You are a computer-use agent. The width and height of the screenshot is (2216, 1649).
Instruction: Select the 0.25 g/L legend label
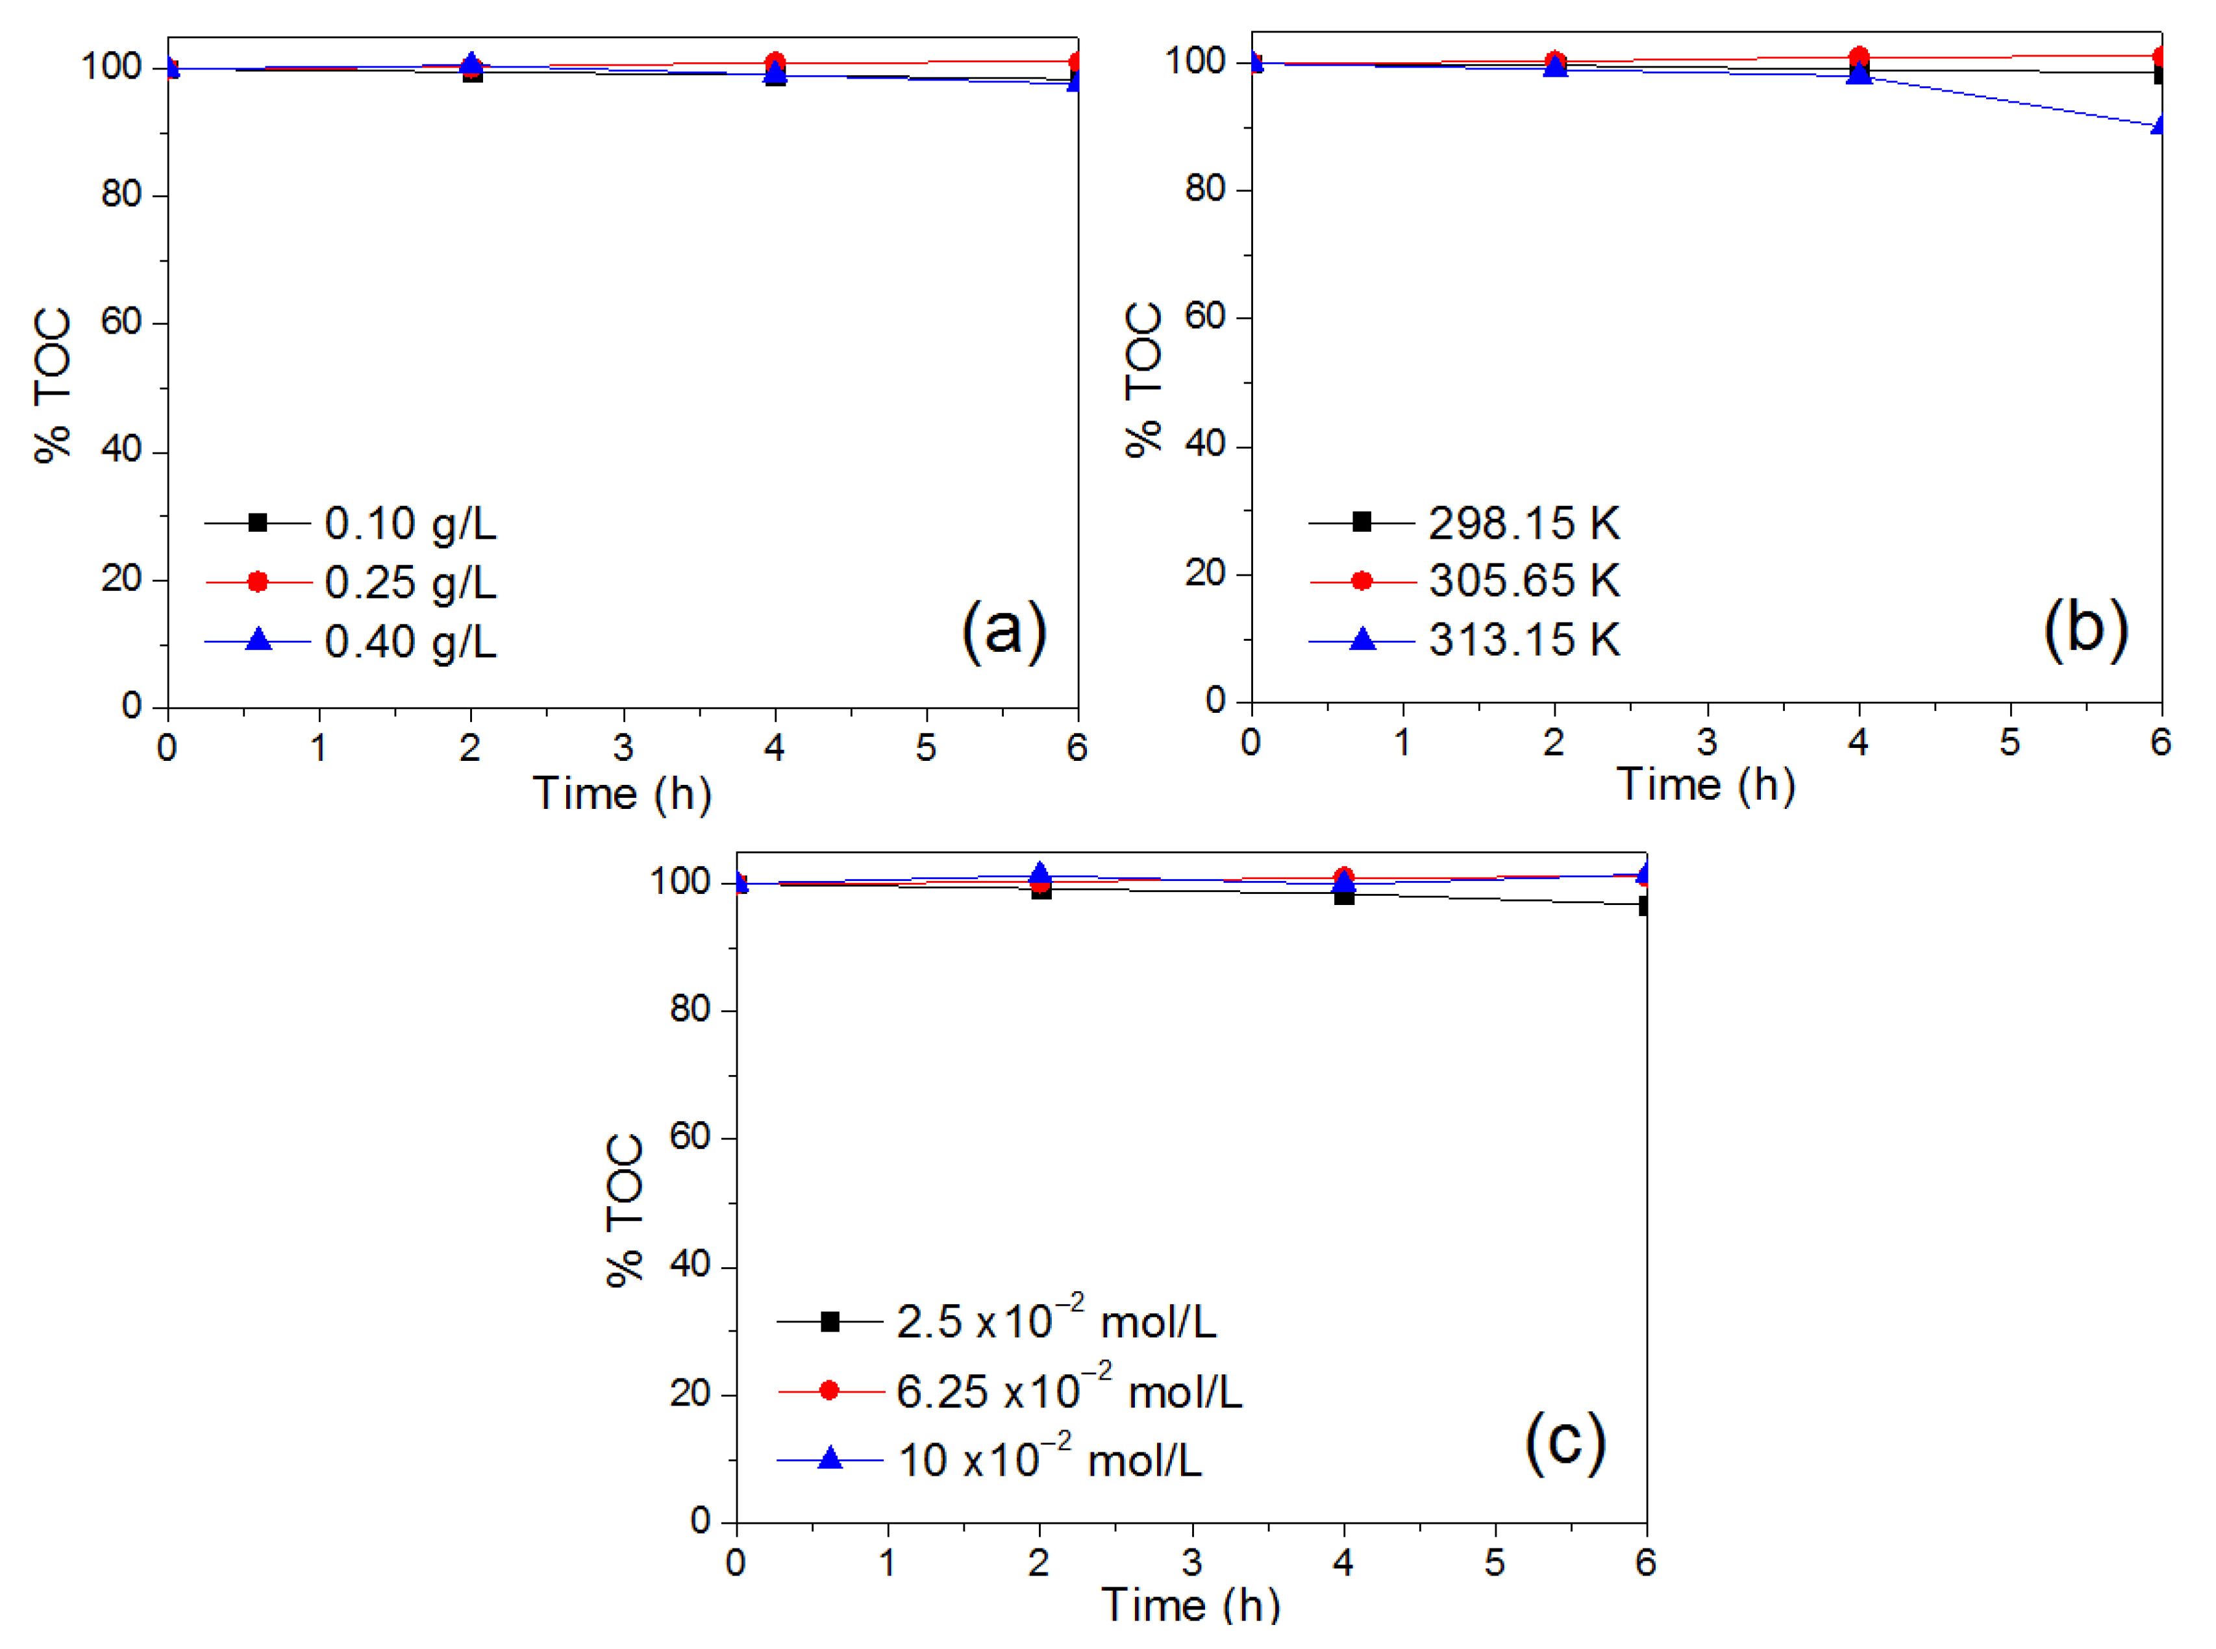[409, 582]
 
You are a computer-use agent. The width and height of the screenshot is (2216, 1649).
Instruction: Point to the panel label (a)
[1003, 630]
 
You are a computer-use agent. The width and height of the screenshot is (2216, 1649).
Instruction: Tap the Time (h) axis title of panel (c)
[1190, 1604]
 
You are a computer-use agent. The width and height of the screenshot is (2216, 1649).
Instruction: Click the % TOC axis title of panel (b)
[1144, 379]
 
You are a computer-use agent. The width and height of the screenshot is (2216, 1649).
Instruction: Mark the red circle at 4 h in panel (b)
[1858, 57]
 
